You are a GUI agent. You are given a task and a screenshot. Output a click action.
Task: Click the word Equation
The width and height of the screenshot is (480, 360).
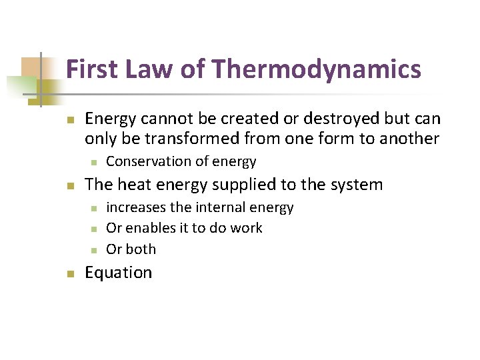coord(119,273)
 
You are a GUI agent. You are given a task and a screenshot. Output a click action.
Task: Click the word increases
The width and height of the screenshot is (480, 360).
coord(136,207)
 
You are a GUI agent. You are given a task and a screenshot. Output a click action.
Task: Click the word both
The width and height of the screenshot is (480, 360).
coord(141,249)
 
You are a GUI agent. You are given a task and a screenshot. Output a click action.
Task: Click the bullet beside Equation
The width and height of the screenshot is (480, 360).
coord(69,273)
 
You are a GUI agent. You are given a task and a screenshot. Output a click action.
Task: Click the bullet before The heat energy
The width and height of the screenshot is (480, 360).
coord(69,185)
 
